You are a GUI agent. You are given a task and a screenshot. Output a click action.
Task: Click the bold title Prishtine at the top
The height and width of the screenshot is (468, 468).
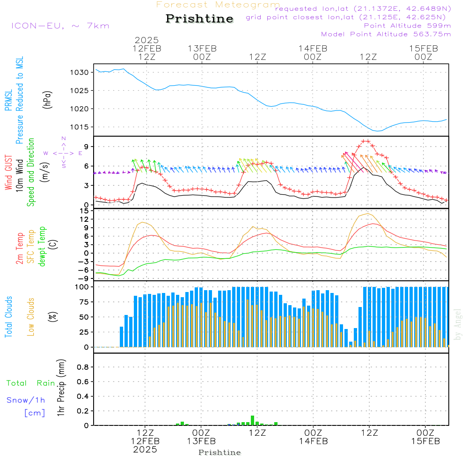(x=199, y=19)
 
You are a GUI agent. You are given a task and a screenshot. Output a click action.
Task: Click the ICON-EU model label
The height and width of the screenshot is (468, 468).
(x=60, y=26)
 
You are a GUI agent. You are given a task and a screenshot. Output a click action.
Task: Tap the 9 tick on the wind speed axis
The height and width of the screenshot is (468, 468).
(x=87, y=146)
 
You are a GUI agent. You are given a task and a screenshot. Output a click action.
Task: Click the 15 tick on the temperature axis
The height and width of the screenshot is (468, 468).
(x=85, y=211)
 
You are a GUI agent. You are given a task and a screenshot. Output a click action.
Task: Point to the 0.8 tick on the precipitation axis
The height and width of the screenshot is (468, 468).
(x=82, y=367)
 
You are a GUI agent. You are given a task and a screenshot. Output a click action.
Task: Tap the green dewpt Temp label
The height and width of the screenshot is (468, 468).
(x=42, y=247)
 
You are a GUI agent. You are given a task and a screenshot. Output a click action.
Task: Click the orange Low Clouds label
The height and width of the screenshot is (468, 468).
(x=31, y=317)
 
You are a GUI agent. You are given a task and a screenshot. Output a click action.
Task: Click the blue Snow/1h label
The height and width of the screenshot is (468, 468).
(x=26, y=400)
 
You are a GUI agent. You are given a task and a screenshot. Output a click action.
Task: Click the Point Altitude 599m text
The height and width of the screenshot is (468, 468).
(x=407, y=26)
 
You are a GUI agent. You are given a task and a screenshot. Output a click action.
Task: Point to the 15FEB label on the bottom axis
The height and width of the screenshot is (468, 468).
(x=425, y=441)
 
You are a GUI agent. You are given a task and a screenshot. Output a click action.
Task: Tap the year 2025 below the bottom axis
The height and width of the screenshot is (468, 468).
(x=145, y=450)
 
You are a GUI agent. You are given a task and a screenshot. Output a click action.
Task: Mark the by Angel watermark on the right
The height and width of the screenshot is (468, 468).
(x=458, y=324)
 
